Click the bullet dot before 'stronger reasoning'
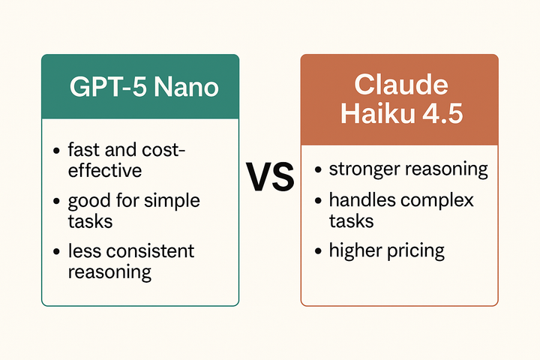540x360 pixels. click(317, 169)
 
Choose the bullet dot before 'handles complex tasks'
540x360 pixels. click(317, 201)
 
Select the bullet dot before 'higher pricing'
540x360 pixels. click(317, 250)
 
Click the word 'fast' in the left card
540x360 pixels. click(83, 150)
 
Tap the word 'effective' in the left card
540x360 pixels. click(104, 170)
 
